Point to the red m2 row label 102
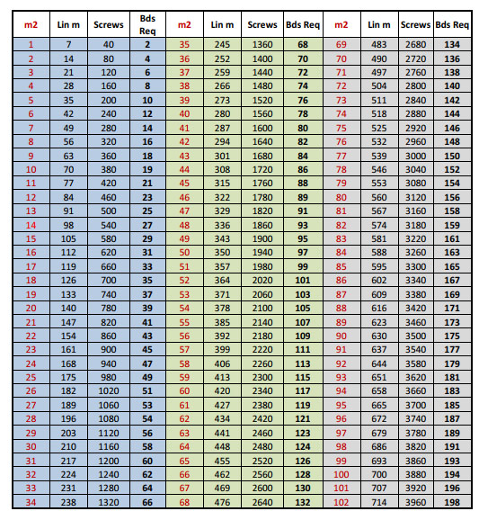tap(341, 502)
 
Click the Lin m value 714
tap(380, 502)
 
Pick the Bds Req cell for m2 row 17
tap(146, 266)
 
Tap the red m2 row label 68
tap(184, 502)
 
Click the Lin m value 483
tap(380, 43)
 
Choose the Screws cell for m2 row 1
tap(109, 43)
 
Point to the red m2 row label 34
tap(31, 502)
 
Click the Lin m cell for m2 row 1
tap(69, 43)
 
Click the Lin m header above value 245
tap(222, 24)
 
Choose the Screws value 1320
tap(109, 502)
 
